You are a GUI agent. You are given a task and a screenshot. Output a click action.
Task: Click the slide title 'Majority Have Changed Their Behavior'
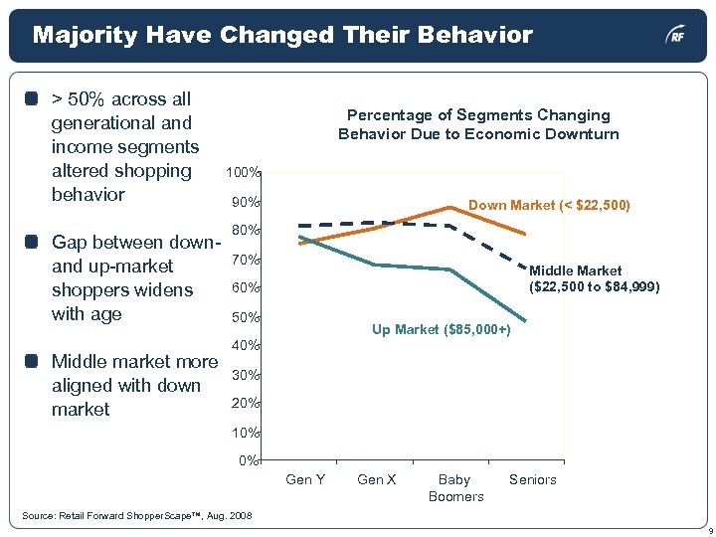(x=282, y=36)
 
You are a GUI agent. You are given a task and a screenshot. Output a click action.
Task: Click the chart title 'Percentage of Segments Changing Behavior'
(x=477, y=124)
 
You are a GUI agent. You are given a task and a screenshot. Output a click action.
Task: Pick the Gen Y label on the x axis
(x=305, y=479)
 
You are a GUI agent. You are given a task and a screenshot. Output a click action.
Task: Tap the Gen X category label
(x=377, y=479)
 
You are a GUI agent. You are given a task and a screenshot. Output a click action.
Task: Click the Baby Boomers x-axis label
(x=455, y=487)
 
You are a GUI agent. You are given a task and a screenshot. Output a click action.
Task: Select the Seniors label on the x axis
(x=533, y=479)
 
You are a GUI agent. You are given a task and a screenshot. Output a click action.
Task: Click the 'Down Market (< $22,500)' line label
(x=549, y=205)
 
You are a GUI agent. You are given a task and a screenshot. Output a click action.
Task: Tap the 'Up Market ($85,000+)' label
(x=442, y=329)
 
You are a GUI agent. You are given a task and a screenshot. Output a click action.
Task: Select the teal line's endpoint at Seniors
(x=525, y=320)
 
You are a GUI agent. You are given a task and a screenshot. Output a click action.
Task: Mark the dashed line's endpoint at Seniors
(x=525, y=263)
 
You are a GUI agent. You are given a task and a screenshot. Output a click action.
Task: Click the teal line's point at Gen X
(x=374, y=265)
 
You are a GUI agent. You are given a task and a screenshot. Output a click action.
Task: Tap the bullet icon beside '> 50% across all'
(x=33, y=99)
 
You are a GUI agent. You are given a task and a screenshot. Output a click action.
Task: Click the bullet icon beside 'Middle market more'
(x=33, y=362)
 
